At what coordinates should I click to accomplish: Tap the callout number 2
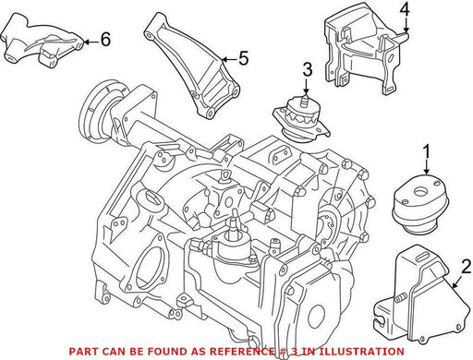(466, 267)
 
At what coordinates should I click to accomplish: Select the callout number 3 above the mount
(308, 69)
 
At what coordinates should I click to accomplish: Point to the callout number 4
(405, 10)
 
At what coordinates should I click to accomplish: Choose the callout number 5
(243, 58)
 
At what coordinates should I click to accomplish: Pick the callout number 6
(105, 39)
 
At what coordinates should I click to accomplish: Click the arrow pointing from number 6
(91, 42)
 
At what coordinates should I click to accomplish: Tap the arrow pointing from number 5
(228, 59)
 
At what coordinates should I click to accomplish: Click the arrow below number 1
(427, 171)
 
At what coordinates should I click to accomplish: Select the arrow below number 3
(306, 86)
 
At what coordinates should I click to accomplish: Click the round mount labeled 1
(420, 204)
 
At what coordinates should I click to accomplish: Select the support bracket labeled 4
(366, 49)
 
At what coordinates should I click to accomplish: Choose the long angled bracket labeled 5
(193, 66)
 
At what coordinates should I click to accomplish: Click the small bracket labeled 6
(42, 40)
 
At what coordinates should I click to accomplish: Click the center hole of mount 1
(418, 191)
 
